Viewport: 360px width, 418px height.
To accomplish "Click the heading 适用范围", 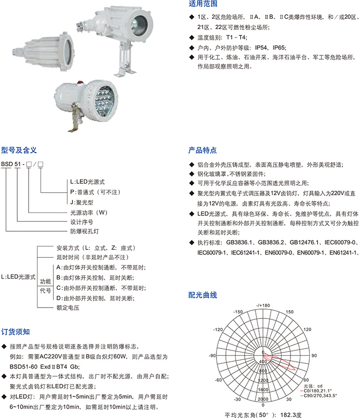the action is click(x=203, y=4).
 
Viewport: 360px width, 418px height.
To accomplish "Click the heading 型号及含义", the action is click(x=19, y=150).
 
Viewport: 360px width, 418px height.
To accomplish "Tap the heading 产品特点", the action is click(x=203, y=150).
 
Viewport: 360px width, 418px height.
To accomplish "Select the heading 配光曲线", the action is click(x=203, y=295).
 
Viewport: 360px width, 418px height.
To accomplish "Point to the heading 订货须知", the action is click(x=15, y=332).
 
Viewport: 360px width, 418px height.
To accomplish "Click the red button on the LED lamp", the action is click(x=79, y=82).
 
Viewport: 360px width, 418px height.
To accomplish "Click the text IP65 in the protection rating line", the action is click(x=279, y=48).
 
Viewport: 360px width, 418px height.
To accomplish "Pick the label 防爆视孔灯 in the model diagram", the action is click(x=84, y=231).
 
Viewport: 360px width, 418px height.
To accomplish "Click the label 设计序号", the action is click(x=81, y=222).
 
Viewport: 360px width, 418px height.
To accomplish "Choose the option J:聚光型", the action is click(x=81, y=202).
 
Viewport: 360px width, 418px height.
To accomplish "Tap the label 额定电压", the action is click(x=68, y=308).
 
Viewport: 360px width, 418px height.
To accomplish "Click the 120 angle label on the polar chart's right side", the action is click(x=307, y=329).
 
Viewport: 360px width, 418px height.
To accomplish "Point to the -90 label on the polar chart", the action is click(x=212, y=355).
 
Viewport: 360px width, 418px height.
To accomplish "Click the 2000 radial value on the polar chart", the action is click(x=263, y=399).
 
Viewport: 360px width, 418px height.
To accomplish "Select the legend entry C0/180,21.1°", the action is click(x=318, y=391).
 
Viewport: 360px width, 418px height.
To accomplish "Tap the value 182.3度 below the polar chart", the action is click(x=290, y=415).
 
